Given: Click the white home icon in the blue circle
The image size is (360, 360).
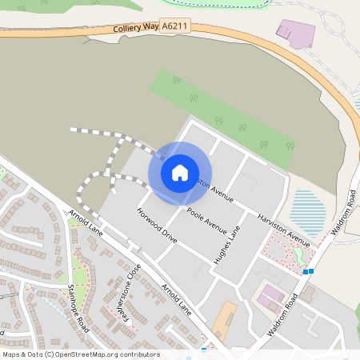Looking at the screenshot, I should point(180,172).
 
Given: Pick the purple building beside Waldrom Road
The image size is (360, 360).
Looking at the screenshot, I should point(270,300).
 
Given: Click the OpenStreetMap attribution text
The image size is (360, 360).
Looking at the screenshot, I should point(80,354).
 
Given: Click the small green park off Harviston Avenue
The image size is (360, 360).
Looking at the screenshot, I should point(301,254).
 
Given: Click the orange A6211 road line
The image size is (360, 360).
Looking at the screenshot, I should point(240,38).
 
